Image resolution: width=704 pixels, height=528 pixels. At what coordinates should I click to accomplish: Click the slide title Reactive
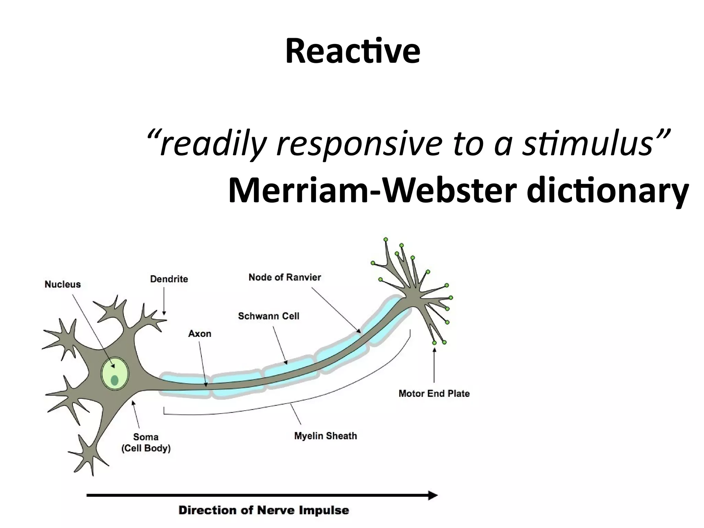pyautogui.click(x=352, y=52)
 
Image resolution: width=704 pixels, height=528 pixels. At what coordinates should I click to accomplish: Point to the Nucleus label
pyautogui.click(x=63, y=284)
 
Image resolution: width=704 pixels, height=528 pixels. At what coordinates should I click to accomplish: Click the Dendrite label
pyautogui.click(x=169, y=279)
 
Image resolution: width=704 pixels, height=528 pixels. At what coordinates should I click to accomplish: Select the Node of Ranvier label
pyautogui.click(x=285, y=277)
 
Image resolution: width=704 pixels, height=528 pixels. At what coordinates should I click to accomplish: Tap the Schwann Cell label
pyautogui.click(x=268, y=316)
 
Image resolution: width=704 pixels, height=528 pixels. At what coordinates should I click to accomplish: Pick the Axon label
pyautogui.click(x=199, y=333)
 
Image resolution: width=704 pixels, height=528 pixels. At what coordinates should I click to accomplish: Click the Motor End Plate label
pyautogui.click(x=434, y=393)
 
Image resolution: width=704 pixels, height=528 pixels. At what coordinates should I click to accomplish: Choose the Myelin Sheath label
pyautogui.click(x=325, y=436)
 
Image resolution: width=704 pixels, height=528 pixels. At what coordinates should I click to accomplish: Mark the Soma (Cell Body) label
pyautogui.click(x=146, y=442)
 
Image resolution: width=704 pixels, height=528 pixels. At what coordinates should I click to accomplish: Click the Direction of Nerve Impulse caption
pyautogui.click(x=264, y=510)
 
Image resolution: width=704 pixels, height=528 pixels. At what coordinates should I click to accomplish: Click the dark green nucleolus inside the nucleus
pyautogui.click(x=114, y=380)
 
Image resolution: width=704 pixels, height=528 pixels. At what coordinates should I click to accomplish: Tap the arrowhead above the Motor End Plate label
pyautogui.click(x=434, y=350)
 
